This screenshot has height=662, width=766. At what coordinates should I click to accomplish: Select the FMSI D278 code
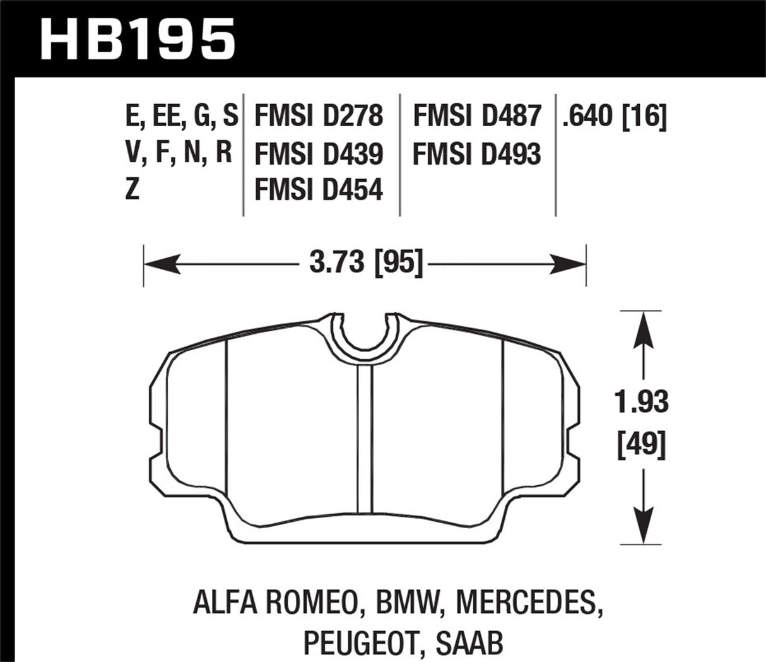point(318,117)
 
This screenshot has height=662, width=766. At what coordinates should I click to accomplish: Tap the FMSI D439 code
point(318,153)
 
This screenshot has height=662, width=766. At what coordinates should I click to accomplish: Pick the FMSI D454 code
point(318,189)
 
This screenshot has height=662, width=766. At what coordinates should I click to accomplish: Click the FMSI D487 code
point(477,117)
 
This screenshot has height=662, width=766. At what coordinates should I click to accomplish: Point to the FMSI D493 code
point(477,153)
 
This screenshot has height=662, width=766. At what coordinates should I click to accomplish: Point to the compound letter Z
point(132,189)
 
